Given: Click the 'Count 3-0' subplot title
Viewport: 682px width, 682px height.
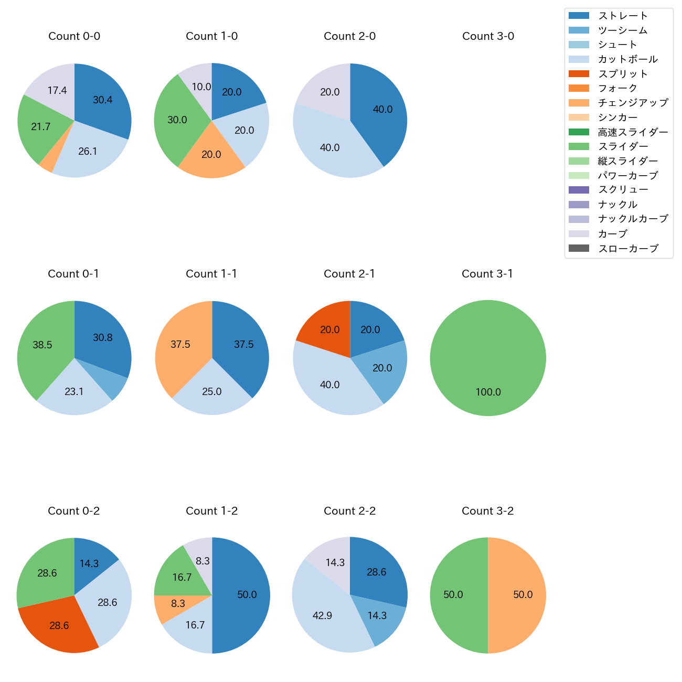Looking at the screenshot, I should (x=488, y=36).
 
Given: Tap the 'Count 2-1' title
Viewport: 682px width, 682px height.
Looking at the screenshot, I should (x=349, y=274).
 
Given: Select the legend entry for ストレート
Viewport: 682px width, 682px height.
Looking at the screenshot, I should (x=623, y=16).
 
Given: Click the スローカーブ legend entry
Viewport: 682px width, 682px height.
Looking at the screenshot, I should (x=628, y=249).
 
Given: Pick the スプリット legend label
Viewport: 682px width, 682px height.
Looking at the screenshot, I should (x=623, y=74).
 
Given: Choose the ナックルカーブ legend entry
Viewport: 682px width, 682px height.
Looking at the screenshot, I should (x=633, y=219).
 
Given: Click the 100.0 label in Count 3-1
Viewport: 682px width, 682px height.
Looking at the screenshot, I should (x=488, y=392).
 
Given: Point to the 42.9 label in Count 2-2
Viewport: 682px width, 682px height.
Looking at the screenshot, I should (x=322, y=615).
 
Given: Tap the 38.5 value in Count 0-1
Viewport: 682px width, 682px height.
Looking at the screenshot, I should (x=42, y=345).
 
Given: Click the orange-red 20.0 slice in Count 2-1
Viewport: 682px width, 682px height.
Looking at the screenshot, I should (x=325, y=325).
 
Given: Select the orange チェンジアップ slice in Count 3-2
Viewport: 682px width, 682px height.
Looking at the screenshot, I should (x=517, y=595).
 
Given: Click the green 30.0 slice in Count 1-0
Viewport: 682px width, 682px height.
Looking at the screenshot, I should (x=176, y=121).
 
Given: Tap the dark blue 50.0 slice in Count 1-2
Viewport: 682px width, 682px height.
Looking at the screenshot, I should (x=241, y=595).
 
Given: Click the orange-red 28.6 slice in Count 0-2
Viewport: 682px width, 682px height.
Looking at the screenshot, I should (x=58, y=627).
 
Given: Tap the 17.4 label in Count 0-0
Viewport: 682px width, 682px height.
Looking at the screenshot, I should (x=57, y=91).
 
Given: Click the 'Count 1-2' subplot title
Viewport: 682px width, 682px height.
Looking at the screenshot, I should (x=212, y=511).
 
